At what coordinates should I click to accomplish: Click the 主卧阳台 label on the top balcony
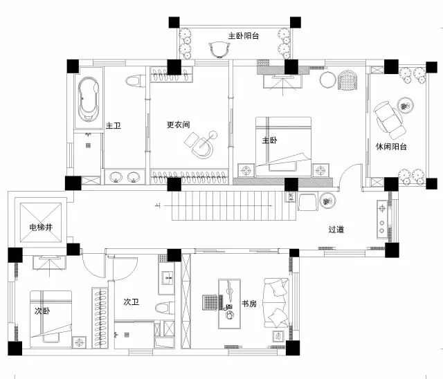coord(244,36)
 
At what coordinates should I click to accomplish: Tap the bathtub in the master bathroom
coord(89,98)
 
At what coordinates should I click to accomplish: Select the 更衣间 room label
coord(179,124)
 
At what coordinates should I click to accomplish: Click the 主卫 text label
coord(114,125)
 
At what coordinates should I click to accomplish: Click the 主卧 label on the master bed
coord(269,140)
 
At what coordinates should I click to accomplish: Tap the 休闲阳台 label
coord(391,147)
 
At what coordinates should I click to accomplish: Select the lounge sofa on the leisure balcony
coord(389,118)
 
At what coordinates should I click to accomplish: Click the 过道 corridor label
coord(336,230)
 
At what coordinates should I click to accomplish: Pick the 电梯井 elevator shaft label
coord(41,227)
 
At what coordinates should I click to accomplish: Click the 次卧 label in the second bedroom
coord(42,311)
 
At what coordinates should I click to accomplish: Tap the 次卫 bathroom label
coord(132,302)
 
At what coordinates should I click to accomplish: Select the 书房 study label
coord(249,304)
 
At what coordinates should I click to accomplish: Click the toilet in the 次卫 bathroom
coord(165,307)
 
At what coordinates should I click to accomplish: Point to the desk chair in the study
coord(210,302)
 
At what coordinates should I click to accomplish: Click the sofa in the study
coord(277,303)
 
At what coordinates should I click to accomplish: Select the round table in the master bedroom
coord(327,80)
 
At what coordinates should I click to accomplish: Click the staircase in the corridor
coord(234,205)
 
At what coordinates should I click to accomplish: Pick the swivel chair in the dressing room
coord(201,144)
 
